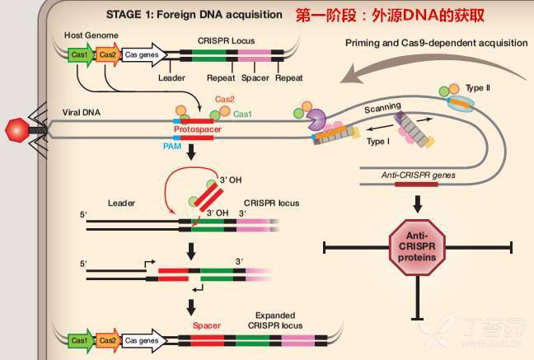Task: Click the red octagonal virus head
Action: point(17,130)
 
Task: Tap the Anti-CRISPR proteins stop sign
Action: point(417,247)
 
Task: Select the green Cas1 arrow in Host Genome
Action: point(82,54)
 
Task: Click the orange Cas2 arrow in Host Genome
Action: point(109,54)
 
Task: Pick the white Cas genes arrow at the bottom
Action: point(144,340)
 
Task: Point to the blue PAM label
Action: point(172,147)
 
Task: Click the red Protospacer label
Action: point(198,129)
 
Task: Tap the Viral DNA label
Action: point(82,112)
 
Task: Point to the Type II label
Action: point(478,88)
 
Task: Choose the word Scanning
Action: point(383,108)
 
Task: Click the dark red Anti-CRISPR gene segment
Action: point(416,185)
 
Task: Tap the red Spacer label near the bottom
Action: point(207,325)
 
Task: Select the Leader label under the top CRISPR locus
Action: point(171,77)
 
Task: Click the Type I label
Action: point(377,142)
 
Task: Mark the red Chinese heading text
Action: point(390,16)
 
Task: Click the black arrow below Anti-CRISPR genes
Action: point(418,204)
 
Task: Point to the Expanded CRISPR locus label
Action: point(275,320)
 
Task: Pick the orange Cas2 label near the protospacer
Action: point(225,99)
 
